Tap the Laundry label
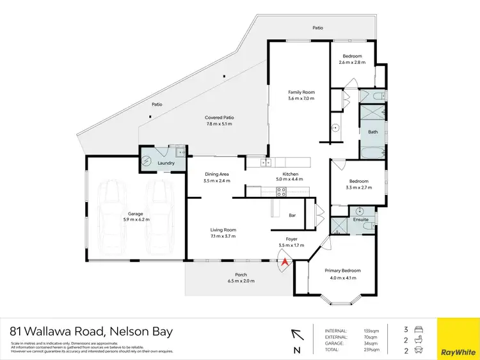click(x=166, y=163)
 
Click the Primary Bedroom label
click(x=342, y=270)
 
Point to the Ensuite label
click(x=362, y=220)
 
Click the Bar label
click(x=292, y=215)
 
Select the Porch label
click(x=241, y=276)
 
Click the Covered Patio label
click(x=219, y=118)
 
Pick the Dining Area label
click(x=216, y=174)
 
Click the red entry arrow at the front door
click(x=285, y=260)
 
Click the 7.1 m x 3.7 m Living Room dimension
click(x=224, y=237)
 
